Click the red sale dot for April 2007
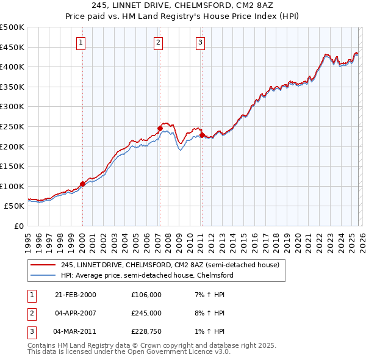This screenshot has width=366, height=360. click(159, 129)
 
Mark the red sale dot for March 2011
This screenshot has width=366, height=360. click(201, 135)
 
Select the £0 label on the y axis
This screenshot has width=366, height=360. click(20, 226)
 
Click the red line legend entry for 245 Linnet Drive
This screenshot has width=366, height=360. click(170, 265)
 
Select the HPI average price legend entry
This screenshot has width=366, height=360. click(147, 275)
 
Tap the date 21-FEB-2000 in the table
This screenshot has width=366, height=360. click(75, 295)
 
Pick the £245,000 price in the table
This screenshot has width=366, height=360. click(146, 313)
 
